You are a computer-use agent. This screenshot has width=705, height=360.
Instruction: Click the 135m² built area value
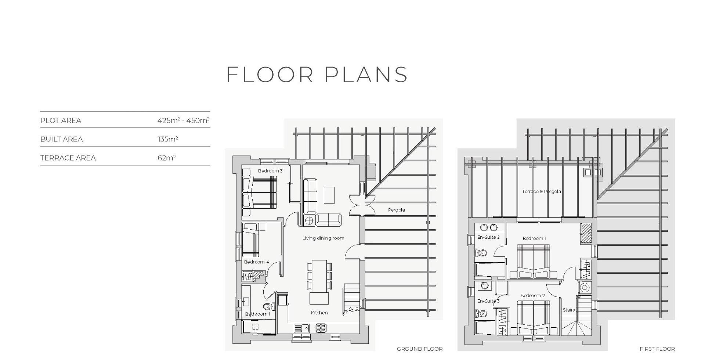pos(168,139)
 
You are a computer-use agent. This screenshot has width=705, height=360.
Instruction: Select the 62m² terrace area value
pos(167,158)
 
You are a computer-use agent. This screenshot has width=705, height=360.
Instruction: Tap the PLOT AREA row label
pos(61,120)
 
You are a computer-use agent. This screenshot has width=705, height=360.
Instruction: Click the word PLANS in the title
pos(366,75)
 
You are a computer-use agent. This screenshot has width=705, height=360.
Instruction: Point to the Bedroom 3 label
pos(270,171)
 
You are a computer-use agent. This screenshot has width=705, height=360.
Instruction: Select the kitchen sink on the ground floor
pos(302,328)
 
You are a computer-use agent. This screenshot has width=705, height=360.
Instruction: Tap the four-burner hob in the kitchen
pos(321,328)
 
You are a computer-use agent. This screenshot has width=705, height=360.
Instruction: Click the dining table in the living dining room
pos(319,275)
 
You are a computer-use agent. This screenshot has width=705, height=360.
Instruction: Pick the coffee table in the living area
pos(329,195)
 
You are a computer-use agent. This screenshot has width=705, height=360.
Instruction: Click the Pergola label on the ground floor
pos(397,210)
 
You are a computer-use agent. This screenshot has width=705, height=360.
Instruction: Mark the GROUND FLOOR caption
pos(420,349)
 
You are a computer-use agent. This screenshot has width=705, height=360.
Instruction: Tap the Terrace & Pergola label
pos(542,191)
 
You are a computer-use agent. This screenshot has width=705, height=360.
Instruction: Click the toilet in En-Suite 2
pos(481,253)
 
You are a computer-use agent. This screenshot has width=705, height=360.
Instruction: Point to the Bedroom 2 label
pos(533,295)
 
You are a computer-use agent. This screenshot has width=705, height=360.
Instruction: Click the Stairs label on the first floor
pos(569,310)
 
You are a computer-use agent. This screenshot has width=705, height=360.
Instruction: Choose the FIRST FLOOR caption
pos(657,349)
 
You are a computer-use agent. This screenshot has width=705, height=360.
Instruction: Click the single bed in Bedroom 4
pos(251,240)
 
